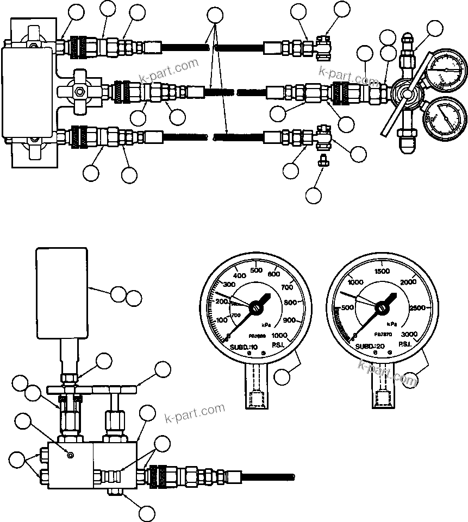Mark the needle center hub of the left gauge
click(254, 308)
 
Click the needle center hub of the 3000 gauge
click(382, 308)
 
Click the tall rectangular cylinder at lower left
click(61, 292)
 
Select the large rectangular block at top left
click(29, 92)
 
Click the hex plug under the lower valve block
click(115, 492)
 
